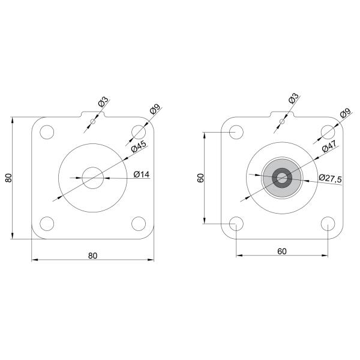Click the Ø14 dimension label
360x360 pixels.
point(141,174)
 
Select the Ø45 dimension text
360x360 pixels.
point(139,148)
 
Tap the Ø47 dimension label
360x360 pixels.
point(328,148)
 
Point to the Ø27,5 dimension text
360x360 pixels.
point(330,178)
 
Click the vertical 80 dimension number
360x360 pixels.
point(8,178)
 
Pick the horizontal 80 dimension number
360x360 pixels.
point(92,255)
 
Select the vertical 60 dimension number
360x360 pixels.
point(200,178)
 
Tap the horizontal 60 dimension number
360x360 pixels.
point(281,251)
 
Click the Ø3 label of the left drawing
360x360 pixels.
point(102,103)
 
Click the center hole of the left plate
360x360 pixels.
point(92,178)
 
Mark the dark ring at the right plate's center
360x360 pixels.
point(282,177)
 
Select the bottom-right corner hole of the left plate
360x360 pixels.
point(139,224)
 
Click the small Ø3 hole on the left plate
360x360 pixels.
point(92,122)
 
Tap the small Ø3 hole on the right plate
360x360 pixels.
point(282,122)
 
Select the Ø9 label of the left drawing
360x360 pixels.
point(155,110)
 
